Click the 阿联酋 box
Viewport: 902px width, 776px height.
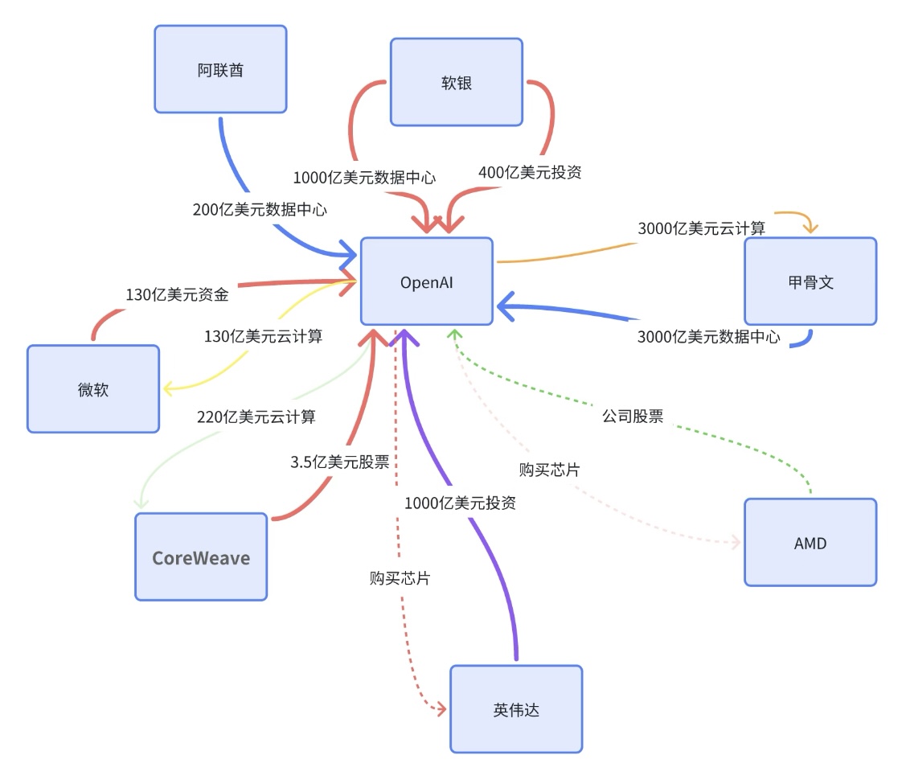(x=220, y=69)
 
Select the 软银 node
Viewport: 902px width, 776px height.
(x=456, y=82)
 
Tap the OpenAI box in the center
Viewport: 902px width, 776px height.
(x=426, y=281)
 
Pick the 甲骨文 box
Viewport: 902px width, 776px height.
(x=810, y=281)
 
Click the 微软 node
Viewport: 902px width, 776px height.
(x=92, y=389)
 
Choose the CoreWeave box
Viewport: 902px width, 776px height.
(x=201, y=557)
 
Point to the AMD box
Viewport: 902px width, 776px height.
(x=810, y=543)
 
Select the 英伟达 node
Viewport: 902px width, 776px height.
(x=515, y=709)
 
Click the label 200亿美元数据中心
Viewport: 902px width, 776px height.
(x=260, y=210)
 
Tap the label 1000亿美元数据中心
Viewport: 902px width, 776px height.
(x=364, y=177)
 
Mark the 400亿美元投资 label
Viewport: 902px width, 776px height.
(x=530, y=172)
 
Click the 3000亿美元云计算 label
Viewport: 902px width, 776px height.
(x=701, y=228)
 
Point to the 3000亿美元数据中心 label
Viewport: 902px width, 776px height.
(x=708, y=337)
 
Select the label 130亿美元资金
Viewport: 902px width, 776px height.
(x=177, y=294)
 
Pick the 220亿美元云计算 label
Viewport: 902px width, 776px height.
(x=256, y=417)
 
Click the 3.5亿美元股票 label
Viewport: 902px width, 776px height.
(x=339, y=462)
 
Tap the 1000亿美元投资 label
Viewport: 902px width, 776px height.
(x=459, y=503)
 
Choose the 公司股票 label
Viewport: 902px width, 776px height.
(x=633, y=417)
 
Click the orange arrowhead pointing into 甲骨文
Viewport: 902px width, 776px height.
(x=810, y=228)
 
